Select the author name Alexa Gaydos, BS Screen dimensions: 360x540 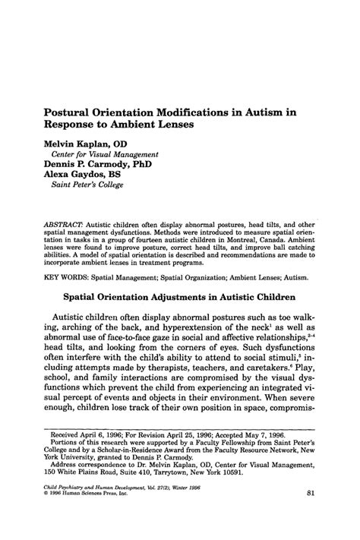[x=81, y=172]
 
